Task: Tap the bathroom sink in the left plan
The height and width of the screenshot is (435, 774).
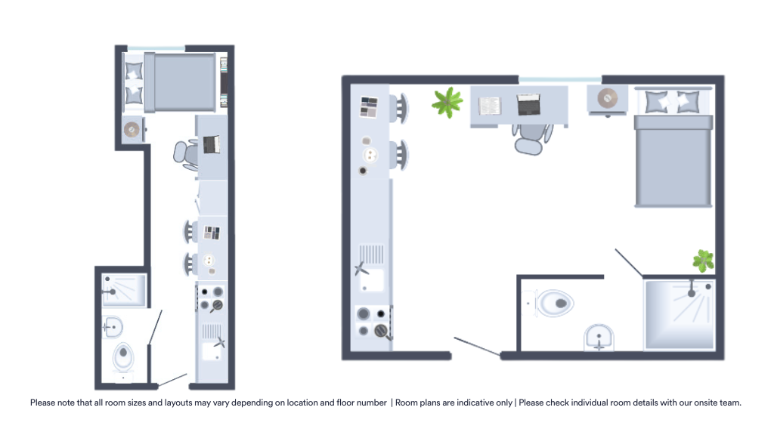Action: coord(113,327)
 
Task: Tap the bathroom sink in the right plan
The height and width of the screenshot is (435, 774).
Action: coord(599,338)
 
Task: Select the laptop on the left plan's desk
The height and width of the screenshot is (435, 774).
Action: coord(212,144)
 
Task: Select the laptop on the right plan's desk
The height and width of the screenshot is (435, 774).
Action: coord(528,104)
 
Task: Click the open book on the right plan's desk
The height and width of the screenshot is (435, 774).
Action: coord(490,106)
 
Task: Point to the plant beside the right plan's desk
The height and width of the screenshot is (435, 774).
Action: coord(447,102)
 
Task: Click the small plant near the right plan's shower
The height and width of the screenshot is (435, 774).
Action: coord(704,261)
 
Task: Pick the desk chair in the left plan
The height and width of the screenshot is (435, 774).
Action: coord(186,154)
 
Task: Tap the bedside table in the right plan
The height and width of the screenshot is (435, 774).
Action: coord(608,99)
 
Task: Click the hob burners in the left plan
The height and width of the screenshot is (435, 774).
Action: coord(212,299)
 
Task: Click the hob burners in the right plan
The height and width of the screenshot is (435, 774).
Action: coord(373,322)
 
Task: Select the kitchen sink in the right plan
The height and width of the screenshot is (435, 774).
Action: coord(372,268)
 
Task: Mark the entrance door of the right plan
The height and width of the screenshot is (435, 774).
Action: coord(477,346)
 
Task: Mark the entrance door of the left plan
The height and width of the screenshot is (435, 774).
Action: coord(172,380)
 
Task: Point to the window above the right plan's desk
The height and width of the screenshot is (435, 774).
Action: coord(560,79)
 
